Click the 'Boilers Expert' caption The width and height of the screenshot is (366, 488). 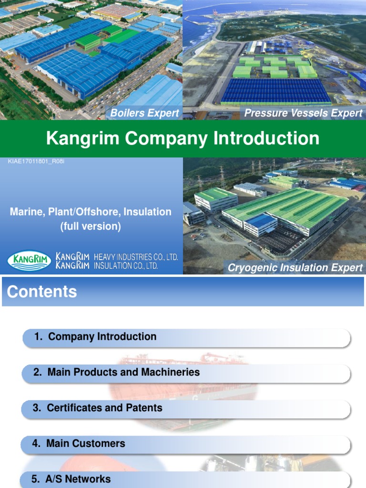pos(144,113)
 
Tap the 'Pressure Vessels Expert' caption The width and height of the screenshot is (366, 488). pos(304,113)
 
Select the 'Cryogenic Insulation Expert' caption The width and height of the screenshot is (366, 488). pos(295,268)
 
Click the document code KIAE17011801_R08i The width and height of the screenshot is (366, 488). pos(36,162)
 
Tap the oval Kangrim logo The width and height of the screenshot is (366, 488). pos(29,261)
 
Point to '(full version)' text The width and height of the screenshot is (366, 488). pos(91,226)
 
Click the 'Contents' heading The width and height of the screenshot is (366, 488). pos(42,292)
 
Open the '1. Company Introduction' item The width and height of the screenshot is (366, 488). pos(95,337)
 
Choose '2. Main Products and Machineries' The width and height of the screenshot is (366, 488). pos(117,372)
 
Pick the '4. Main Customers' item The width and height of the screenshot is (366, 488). pos(79,444)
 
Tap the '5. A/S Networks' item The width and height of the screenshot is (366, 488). pos(71,479)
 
